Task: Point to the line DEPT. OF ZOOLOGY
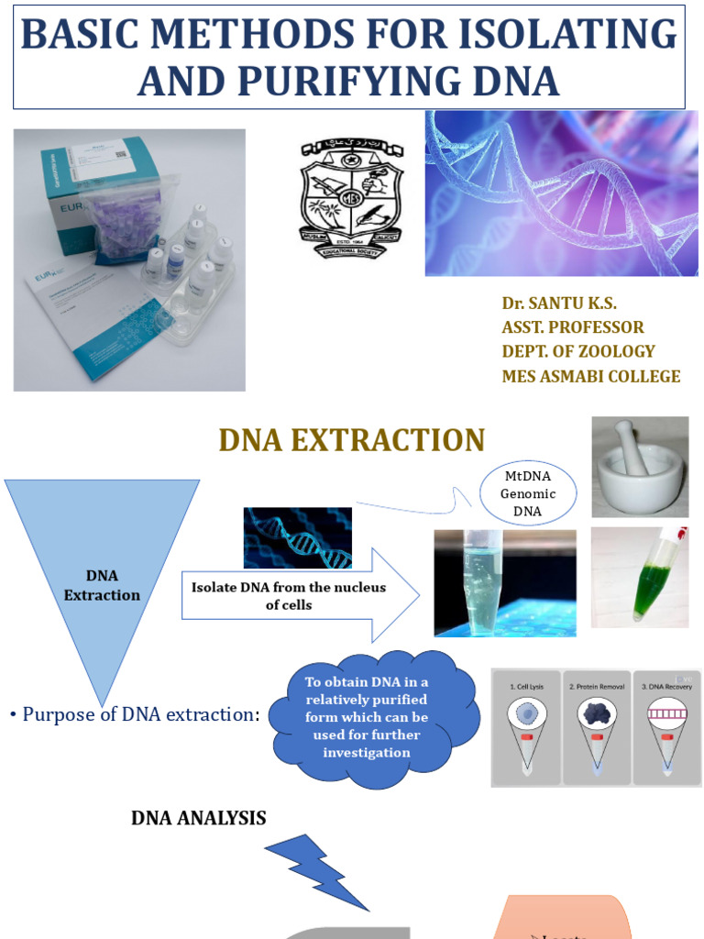(577, 351)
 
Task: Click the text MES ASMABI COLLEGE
(590, 376)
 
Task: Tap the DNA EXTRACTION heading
(352, 440)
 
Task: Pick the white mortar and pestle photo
(639, 467)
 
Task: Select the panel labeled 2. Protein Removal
(597, 726)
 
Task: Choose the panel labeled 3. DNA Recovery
(666, 726)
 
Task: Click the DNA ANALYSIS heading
(199, 819)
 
